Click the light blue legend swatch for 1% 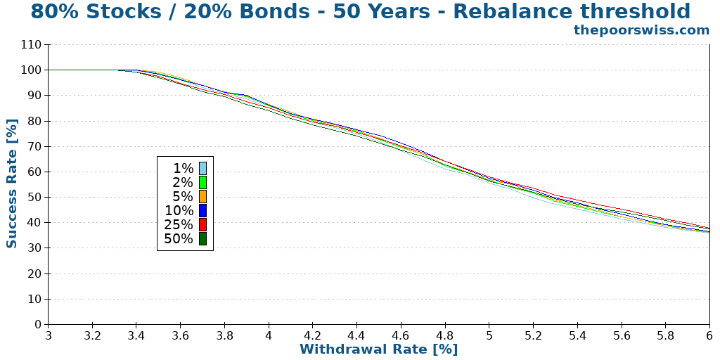tap(202, 168)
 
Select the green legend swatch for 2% tap(202, 182)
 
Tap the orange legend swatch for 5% tap(202, 196)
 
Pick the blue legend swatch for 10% tap(202, 210)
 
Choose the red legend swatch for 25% tap(202, 224)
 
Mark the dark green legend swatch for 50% tap(202, 238)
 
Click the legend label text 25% tap(179, 224)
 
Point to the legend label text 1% tap(183, 168)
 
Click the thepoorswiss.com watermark tap(641, 30)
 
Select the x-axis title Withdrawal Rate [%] tap(378, 349)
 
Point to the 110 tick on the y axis tap(32, 45)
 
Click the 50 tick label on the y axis tap(34, 198)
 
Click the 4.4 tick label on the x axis tap(356, 336)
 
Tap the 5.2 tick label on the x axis tap(533, 336)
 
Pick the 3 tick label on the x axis tap(49, 336)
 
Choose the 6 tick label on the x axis tap(709, 336)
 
